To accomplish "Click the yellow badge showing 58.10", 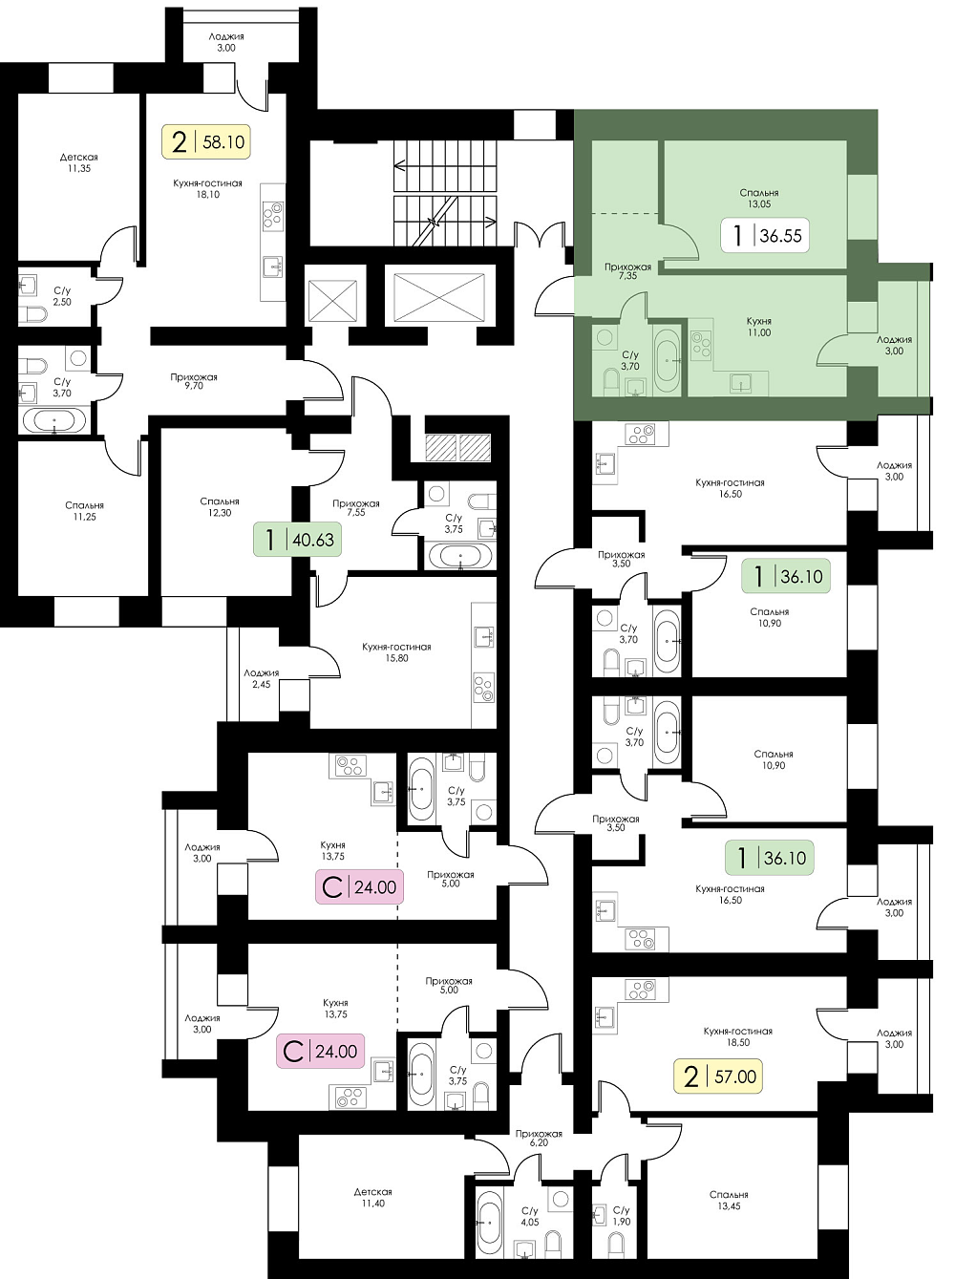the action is click(205, 141).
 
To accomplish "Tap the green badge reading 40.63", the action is click(297, 540).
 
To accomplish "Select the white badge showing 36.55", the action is click(765, 235).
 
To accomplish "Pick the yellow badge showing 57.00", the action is click(718, 1076).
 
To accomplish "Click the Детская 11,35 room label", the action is click(78, 162).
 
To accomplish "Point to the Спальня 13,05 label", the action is click(759, 198).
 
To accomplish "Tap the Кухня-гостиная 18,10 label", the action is click(207, 189).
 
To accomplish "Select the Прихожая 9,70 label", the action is click(194, 381).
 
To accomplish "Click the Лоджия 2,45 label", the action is click(261, 679).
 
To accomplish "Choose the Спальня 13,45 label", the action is click(729, 1201).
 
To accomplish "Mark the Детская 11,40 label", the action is click(372, 1198).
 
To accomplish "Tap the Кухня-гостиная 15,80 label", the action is click(396, 652).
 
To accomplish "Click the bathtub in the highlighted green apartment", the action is click(668, 361).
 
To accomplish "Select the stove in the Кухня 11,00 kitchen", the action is click(701, 345).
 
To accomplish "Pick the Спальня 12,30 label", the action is click(220, 507).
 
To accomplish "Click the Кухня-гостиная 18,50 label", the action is click(738, 1036).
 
